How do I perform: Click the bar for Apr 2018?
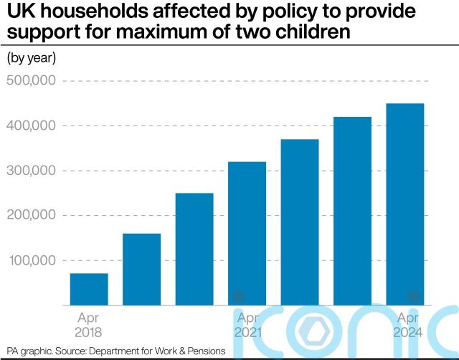(x=89, y=289)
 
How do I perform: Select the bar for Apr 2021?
(x=247, y=233)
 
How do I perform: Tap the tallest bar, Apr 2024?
(x=405, y=204)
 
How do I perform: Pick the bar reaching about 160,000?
(x=141, y=269)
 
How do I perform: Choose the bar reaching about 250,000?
(x=194, y=249)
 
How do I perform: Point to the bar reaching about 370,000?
(x=300, y=222)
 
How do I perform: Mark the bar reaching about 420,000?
(x=353, y=211)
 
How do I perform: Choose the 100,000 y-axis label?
(x=32, y=260)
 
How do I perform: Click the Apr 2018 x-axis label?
(x=89, y=325)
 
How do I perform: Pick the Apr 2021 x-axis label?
(x=247, y=325)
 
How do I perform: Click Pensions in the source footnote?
(x=204, y=351)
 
